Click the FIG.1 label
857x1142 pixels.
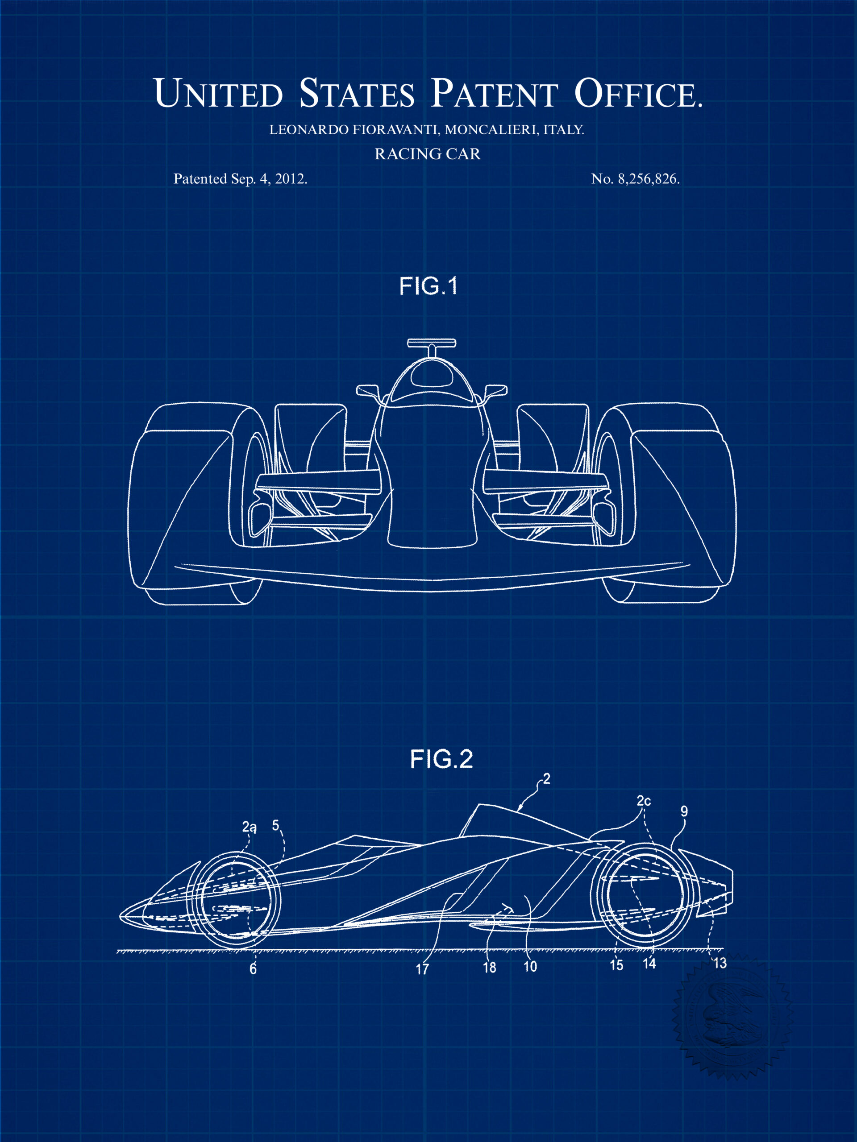[428, 286]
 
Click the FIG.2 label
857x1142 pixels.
[441, 759]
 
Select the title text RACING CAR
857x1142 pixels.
[428, 154]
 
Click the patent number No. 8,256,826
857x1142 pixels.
[636, 178]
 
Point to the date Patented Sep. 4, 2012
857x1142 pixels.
[240, 178]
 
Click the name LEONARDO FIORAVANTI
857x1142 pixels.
[354, 129]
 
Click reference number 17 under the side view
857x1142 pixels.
[422, 969]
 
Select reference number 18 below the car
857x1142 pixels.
[489, 968]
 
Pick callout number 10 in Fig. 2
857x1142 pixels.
[530, 967]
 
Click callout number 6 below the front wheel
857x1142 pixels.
[253, 969]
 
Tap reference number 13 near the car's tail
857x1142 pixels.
[720, 964]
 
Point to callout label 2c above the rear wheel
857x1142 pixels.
[644, 801]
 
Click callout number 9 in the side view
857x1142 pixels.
[684, 811]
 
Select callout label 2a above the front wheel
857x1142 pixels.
[249, 827]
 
